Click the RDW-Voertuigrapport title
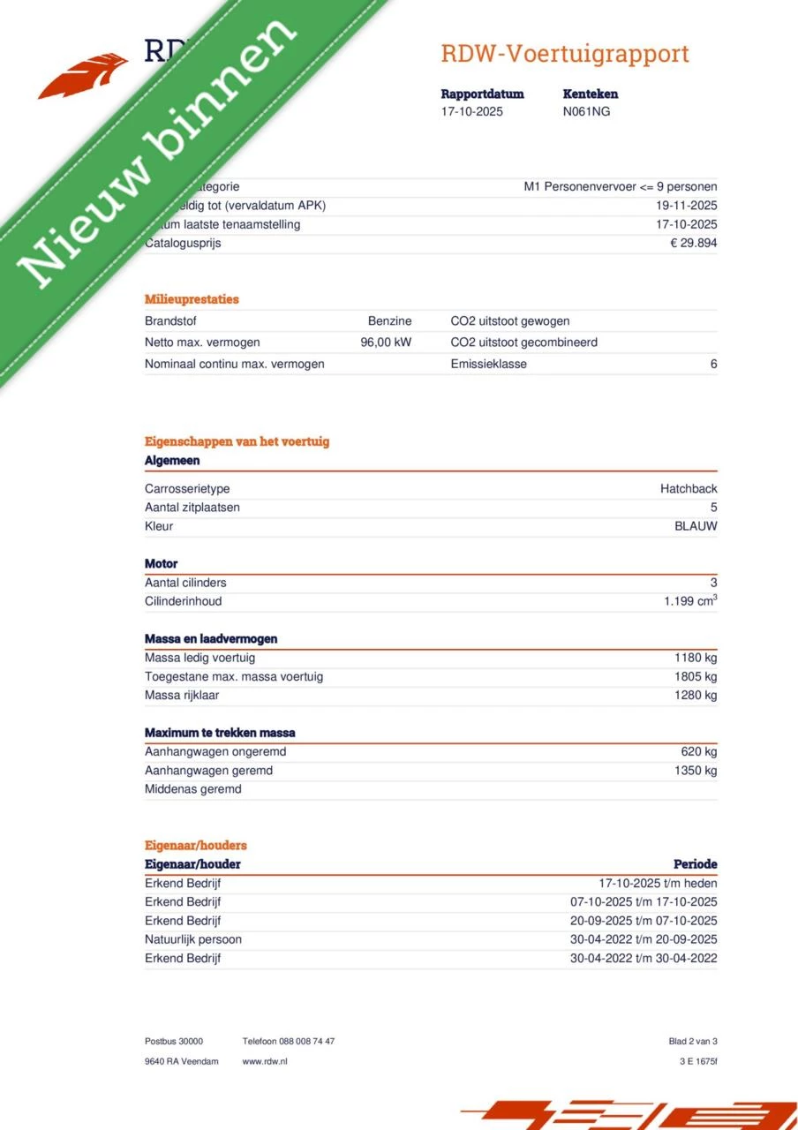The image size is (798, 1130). coord(565,54)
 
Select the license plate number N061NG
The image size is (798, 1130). coord(586,111)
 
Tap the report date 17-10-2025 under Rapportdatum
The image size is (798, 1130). coord(472,111)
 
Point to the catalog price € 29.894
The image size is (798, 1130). coord(694,243)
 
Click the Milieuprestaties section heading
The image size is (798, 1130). coord(192,299)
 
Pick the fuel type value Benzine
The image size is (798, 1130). coord(389,321)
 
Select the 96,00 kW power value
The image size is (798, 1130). coord(386,343)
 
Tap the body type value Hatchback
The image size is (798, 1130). coord(689,489)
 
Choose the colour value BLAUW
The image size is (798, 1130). coord(696,526)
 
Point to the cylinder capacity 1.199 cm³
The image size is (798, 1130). coord(690,601)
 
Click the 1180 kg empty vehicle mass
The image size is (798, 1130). coord(696,658)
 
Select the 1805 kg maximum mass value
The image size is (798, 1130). coord(696,676)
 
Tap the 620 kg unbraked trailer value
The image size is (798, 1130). coord(699,751)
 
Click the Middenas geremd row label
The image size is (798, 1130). coord(192,789)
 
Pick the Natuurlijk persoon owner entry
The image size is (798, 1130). coord(192,939)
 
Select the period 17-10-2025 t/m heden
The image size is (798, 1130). coord(658,883)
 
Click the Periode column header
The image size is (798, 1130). coord(696,864)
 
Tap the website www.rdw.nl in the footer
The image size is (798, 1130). coord(265,1061)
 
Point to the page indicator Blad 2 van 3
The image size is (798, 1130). coord(693,1042)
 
